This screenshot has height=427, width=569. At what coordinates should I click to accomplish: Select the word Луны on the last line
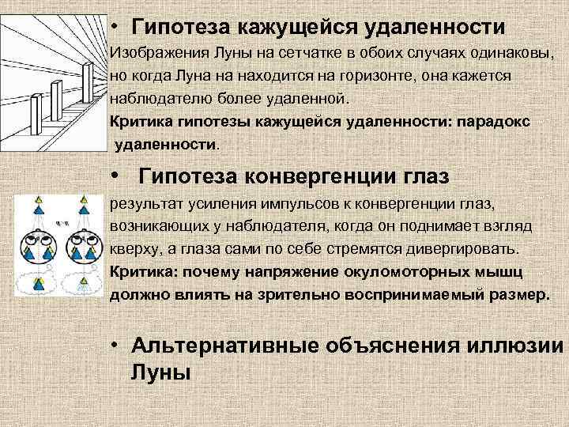[x=160, y=372]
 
